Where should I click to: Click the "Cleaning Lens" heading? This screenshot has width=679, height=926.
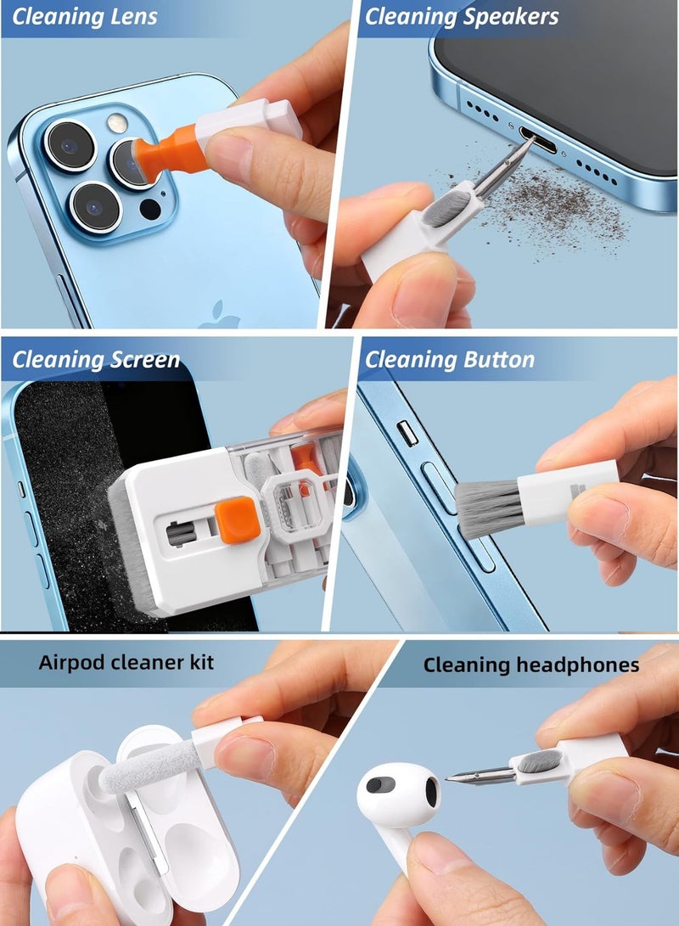85,17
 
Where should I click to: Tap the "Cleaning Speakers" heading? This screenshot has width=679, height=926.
462,17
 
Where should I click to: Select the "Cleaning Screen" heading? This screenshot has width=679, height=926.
96,360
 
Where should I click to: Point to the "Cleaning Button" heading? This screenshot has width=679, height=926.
450,360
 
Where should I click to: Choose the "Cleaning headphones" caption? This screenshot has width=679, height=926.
530,665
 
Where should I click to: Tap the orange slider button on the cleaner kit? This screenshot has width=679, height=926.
236,520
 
